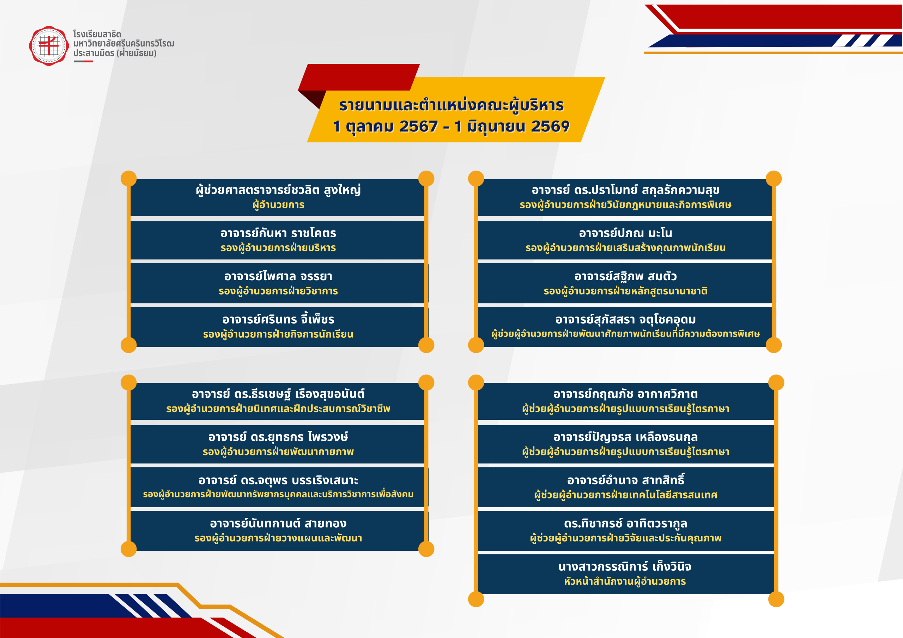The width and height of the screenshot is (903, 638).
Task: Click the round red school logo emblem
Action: [x=49, y=46]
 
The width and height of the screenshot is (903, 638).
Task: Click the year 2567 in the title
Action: [x=418, y=127]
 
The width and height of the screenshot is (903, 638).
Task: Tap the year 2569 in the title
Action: [x=550, y=127]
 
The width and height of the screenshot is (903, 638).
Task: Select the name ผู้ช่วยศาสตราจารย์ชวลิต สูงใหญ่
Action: [x=278, y=190]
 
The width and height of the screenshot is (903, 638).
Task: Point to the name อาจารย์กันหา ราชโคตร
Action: [x=278, y=233]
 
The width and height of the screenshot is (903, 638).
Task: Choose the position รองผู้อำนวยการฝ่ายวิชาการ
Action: [x=278, y=291]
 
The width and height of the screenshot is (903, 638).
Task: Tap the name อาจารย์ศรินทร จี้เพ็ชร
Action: [x=278, y=319]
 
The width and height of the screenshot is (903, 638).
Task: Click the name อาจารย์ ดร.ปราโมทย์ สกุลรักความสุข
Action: [x=625, y=190]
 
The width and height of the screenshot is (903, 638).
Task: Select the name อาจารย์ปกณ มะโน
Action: [x=625, y=233]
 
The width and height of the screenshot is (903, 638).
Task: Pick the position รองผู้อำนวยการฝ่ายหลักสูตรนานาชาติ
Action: [x=625, y=291]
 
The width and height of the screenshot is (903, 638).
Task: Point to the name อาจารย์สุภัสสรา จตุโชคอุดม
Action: [x=625, y=320]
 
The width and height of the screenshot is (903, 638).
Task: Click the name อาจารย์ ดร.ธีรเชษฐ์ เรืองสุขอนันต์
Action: [x=278, y=394]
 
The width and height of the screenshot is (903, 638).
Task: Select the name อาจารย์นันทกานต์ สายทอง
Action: [x=278, y=523]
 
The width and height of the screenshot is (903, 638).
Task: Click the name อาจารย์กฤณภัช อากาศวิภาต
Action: [x=625, y=394]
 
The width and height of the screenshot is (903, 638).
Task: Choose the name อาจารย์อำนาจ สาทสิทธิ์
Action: [x=625, y=480]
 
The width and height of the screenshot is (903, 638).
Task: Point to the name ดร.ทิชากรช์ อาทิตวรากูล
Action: [x=625, y=523]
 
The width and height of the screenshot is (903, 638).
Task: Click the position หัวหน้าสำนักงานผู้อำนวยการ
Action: [x=625, y=581]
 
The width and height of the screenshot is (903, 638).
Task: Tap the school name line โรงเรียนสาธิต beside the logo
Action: [x=97, y=34]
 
